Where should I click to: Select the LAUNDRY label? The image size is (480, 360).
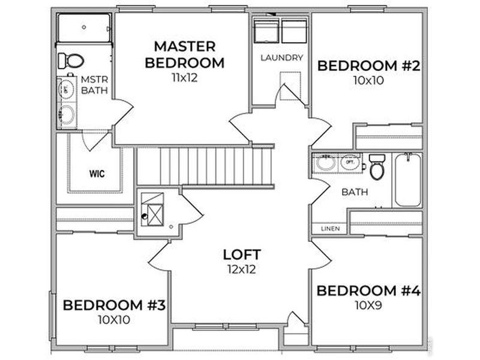click(281, 58)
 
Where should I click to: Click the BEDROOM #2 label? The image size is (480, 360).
click(368, 65)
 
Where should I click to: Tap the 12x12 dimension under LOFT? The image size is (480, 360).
click(241, 269)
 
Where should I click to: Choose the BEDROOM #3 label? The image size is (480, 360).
click(114, 305)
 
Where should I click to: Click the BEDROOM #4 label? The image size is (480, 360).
click(368, 291)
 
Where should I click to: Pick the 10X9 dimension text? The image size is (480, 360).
click(368, 305)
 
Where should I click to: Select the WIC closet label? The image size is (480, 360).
click(95, 175)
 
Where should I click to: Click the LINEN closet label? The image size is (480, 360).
click(329, 229)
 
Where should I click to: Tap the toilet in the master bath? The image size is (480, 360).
click(69, 60)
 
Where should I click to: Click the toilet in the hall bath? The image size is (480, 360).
click(377, 168)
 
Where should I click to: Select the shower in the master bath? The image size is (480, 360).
click(83, 28)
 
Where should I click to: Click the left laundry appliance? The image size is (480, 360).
click(265, 31)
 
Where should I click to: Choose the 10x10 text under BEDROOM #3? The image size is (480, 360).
click(114, 319)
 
